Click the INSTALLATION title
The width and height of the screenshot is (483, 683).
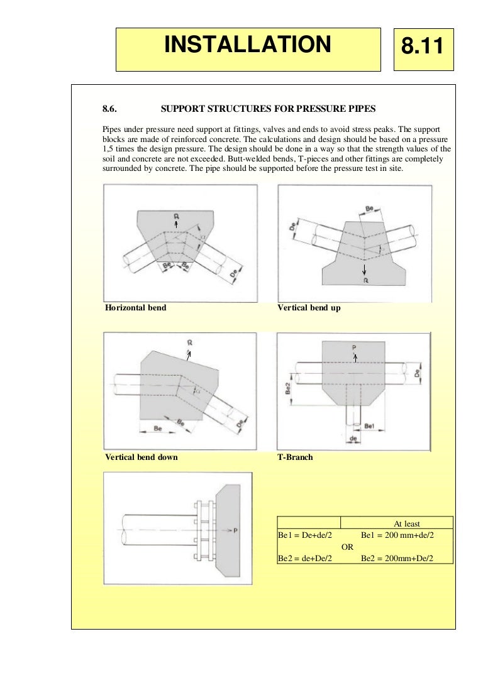coord(247,45)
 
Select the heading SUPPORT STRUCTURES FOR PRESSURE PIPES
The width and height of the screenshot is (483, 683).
coord(268,109)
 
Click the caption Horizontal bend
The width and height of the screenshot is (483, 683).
coord(135,308)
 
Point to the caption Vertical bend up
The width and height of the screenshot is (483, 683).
coord(308,308)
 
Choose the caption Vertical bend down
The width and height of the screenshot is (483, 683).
coord(141,457)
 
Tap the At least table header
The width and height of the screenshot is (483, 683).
coord(406,523)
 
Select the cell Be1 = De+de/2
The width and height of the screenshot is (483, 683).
coord(304,535)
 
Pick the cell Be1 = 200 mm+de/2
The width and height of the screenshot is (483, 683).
coord(397,535)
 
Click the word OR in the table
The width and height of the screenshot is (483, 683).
coord(347,547)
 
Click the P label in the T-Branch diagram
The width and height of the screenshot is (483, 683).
coord(354,347)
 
